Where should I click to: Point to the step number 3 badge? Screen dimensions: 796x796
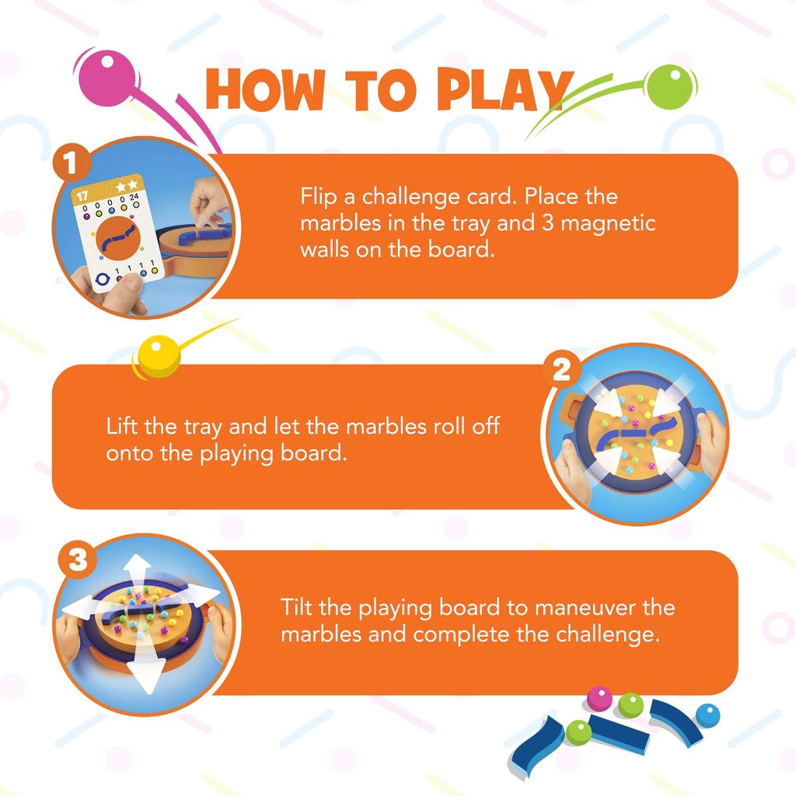coord(78,560)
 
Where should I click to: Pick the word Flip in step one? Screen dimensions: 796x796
coord(318,195)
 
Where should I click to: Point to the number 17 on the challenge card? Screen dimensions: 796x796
coord(80,197)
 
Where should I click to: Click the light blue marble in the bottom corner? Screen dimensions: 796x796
coord(707,714)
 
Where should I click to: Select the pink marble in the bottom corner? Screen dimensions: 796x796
coord(599,697)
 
